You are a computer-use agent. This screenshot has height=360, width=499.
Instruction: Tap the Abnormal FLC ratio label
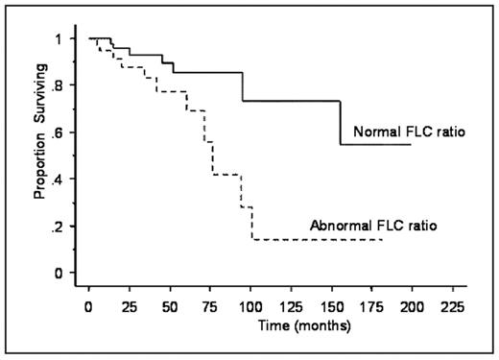pyautogui.click(x=373, y=227)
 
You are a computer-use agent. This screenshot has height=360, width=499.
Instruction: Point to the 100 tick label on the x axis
pyautogui.click(x=250, y=307)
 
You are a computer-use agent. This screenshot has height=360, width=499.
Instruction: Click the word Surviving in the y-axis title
pyautogui.click(x=40, y=120)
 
